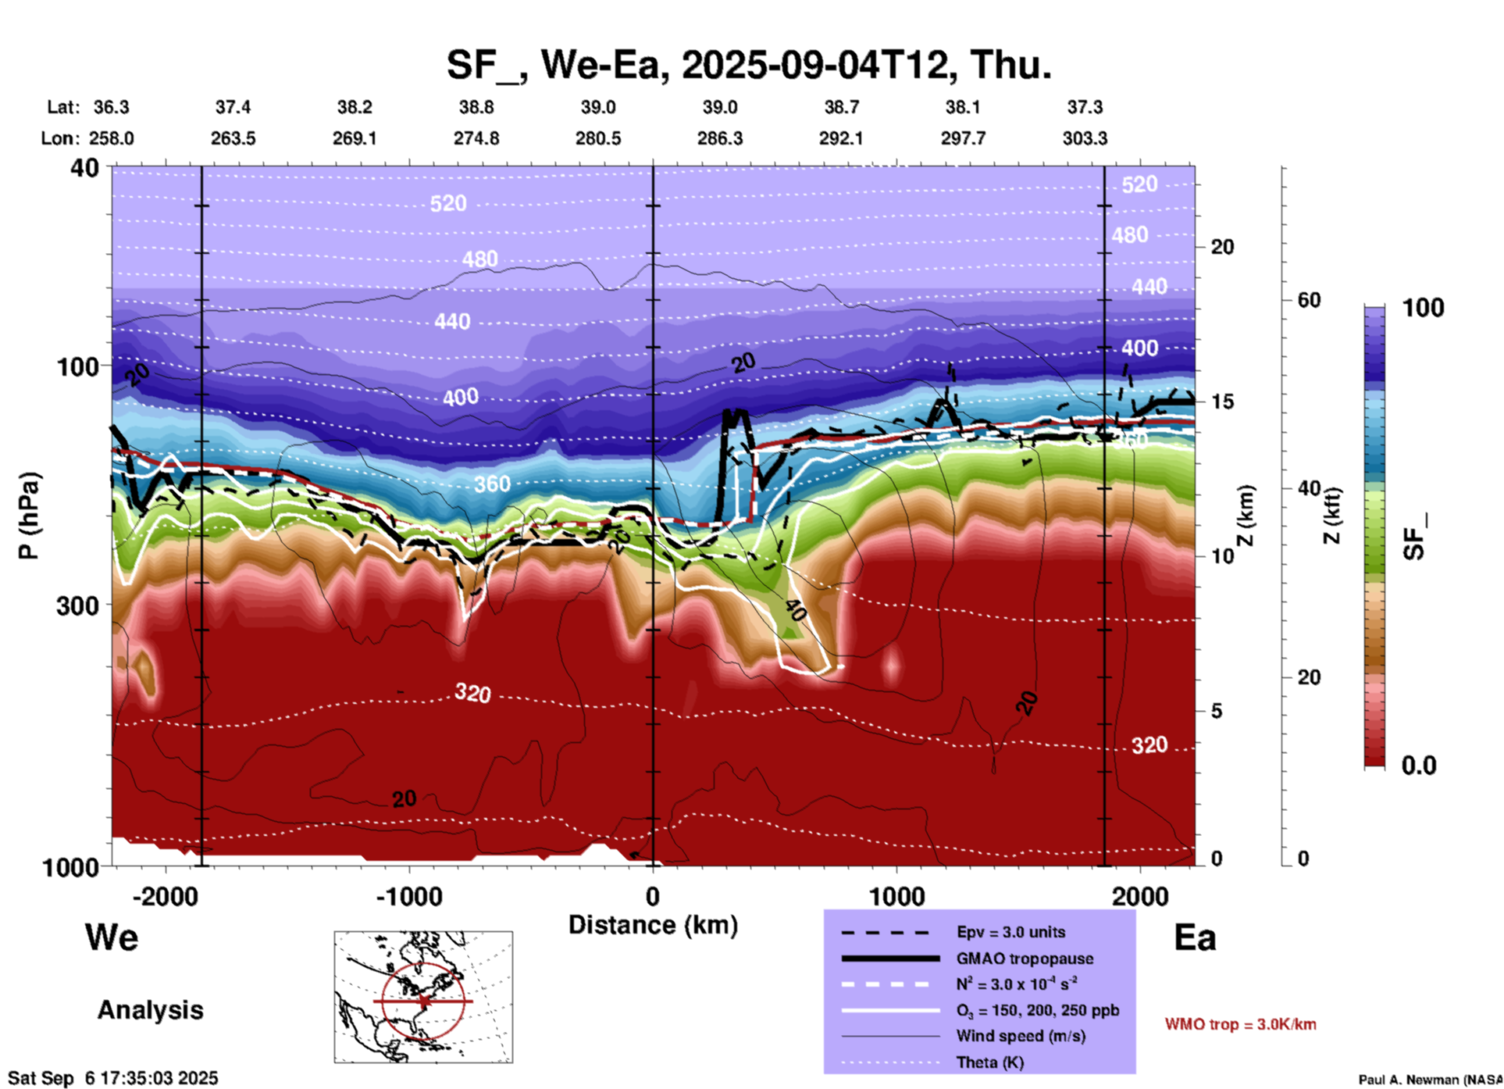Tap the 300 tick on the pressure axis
coord(77,605)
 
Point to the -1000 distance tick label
coord(408,897)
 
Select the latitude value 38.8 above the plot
coord(476,107)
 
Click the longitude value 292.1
coord(841,138)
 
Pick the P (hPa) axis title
coord(28,516)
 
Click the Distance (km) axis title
coord(653,925)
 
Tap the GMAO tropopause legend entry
coord(1024,959)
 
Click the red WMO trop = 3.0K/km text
coord(1240,1024)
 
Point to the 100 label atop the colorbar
coord(1423,308)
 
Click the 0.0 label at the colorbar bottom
coord(1419,766)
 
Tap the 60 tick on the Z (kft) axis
coord(1309,300)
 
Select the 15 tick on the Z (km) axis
coord(1222,402)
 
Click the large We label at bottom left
coord(112,937)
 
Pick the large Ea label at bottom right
coord(1195,937)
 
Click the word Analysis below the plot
coord(150,1010)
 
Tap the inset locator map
coord(423,997)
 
